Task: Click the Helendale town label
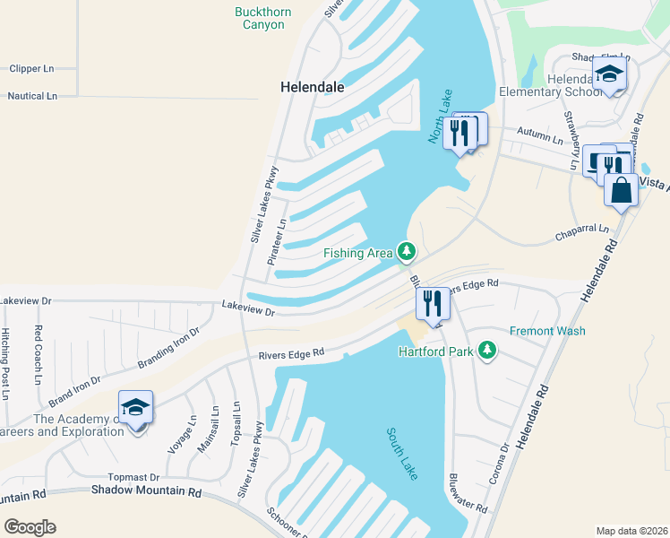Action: click(x=313, y=88)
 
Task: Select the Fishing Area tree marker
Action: click(x=406, y=251)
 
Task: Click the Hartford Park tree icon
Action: click(x=487, y=351)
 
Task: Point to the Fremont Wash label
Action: click(x=547, y=331)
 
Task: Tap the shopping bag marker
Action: click(x=621, y=190)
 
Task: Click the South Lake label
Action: click(x=402, y=453)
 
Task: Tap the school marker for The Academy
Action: click(x=136, y=407)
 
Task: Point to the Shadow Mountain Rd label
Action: click(x=146, y=491)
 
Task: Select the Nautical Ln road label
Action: click(x=32, y=96)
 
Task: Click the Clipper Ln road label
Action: click(x=31, y=68)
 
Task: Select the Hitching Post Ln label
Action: click(x=5, y=363)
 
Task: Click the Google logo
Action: click(x=30, y=527)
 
